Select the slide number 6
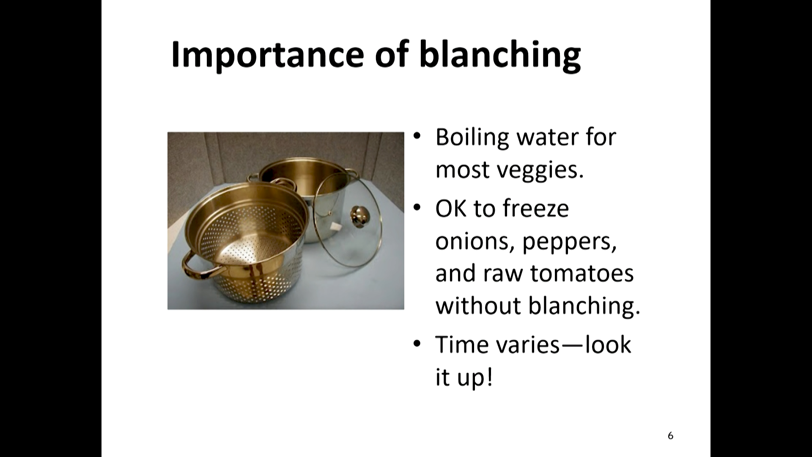tap(670, 435)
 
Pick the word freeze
tap(536, 209)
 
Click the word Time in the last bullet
tap(461, 344)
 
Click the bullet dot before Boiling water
tap(417, 136)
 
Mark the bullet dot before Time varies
tap(417, 344)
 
